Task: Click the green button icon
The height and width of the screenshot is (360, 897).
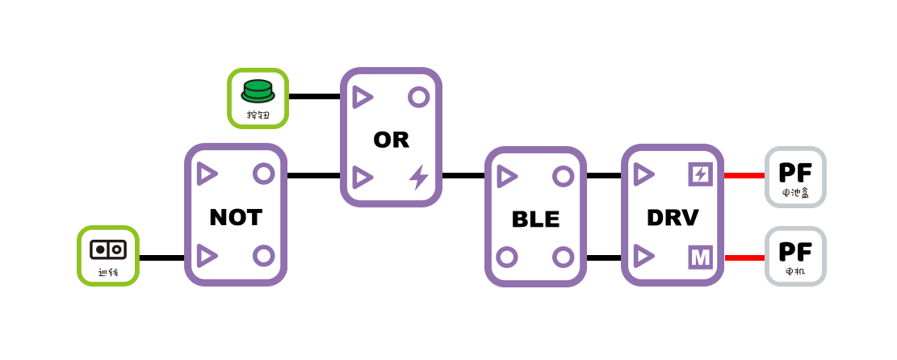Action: coord(258,91)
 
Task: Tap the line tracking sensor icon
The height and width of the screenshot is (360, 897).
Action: coord(108,249)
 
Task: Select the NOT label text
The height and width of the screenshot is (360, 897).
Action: coord(235,217)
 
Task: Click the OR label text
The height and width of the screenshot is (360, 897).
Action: coord(391,140)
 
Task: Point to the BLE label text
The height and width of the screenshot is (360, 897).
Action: coord(535,219)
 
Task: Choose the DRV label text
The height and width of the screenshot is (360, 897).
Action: coord(673,217)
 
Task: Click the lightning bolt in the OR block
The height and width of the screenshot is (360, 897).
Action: coord(418,177)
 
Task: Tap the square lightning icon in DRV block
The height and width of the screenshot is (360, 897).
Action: coord(700,174)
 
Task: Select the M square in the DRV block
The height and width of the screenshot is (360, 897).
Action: coord(700,257)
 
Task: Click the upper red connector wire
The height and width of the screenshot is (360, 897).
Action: coord(744,175)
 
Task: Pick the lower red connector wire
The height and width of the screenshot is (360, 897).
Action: coord(744,257)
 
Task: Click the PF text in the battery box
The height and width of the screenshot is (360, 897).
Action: coord(795,172)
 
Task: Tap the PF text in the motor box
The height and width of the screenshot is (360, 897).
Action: coord(795,251)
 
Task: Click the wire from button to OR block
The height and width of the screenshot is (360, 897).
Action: coord(314,97)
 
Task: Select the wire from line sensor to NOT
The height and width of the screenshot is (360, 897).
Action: coord(161,257)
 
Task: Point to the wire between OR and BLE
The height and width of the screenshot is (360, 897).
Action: coord(463,175)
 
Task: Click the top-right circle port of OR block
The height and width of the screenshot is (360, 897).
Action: coord(418,97)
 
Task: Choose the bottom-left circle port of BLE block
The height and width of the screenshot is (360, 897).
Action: coord(507,257)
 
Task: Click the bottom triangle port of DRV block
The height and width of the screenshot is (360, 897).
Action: coord(643,256)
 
